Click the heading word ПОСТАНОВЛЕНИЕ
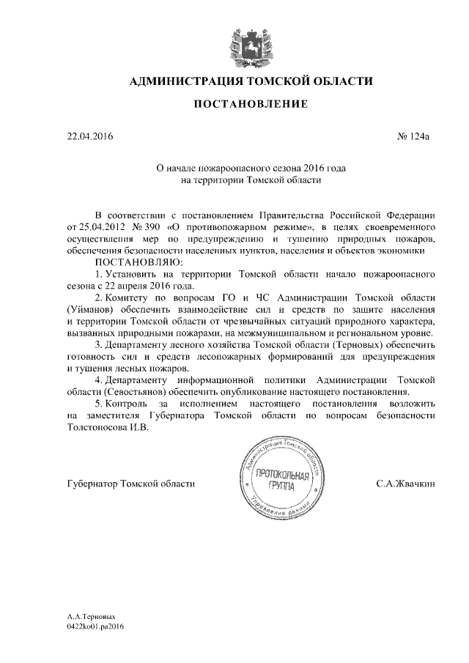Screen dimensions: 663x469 [250, 105]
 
